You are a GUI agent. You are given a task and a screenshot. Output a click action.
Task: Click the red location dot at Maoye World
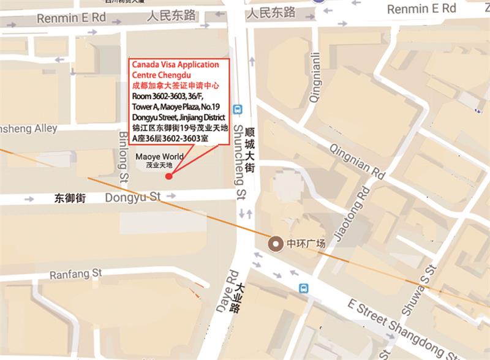pyautogui.click(x=168, y=176)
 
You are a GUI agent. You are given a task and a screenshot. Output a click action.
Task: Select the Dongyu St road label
pyautogui.click(x=133, y=197)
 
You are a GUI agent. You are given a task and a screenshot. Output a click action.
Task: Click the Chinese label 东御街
pyautogui.click(x=69, y=198)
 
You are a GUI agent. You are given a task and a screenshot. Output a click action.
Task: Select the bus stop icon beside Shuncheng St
pyautogui.click(x=238, y=110)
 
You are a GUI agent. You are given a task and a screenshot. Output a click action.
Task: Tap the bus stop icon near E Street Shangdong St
pyautogui.click(x=303, y=288)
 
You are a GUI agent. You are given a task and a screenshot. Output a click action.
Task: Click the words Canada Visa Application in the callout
pyautogui.click(x=166, y=64)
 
